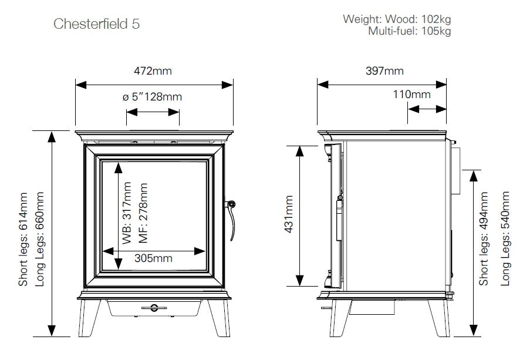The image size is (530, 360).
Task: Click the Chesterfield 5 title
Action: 97,24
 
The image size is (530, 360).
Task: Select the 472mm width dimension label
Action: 154,71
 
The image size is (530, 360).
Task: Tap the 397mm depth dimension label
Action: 385,71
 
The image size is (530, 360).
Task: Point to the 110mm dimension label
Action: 412,95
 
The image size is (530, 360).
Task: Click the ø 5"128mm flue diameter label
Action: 153,97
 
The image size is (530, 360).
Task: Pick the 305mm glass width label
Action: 154,258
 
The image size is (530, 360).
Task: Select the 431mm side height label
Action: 288,215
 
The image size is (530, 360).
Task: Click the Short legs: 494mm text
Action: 484,239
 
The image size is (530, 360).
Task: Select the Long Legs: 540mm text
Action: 505,239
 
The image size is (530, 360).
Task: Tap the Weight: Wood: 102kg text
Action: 397,19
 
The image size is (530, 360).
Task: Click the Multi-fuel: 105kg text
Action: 409,31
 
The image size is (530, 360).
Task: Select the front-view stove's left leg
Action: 92,317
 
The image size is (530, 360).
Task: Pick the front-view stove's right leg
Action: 217,317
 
